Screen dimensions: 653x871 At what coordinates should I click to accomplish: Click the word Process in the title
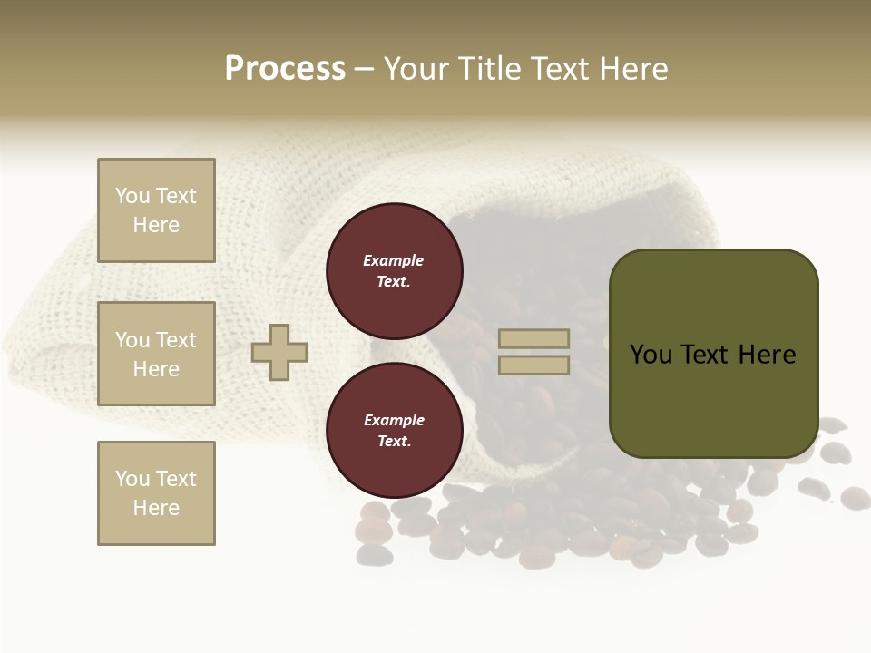285,69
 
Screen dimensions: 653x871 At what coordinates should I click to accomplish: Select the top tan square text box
156,210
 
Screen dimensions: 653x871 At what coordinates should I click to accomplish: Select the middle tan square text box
156,354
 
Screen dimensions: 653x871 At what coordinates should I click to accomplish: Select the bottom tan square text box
156,493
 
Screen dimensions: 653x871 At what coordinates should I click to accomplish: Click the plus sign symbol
279,352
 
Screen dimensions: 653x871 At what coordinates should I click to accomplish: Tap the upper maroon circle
394,270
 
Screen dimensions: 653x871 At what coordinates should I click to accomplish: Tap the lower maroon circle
394,430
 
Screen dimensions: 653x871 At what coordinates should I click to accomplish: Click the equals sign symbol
534,352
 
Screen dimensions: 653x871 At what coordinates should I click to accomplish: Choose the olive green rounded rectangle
713,354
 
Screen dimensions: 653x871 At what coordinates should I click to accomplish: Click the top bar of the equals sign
534,339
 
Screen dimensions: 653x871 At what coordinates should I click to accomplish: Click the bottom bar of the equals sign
534,365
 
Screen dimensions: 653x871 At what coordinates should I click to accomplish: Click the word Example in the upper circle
394,260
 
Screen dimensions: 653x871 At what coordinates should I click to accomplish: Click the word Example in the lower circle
394,420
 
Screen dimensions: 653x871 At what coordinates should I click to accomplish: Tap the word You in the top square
132,196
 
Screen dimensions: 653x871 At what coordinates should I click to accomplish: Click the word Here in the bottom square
156,508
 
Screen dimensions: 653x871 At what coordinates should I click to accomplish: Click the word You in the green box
651,355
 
